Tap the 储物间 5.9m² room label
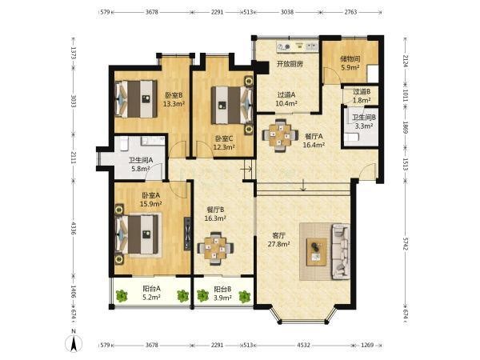[x=350, y=63]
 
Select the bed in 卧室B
[x=136, y=99]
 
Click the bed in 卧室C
[x=232, y=106]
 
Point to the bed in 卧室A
[x=138, y=234]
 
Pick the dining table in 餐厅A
[x=280, y=135]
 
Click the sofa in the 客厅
[x=341, y=252]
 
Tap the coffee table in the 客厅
[x=317, y=252]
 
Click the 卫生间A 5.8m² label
[x=141, y=164]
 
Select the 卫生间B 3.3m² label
[x=364, y=122]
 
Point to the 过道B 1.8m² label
[x=362, y=96]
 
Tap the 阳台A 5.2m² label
[x=151, y=293]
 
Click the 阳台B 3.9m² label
[x=222, y=293]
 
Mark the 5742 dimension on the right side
[x=406, y=243]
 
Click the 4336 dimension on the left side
[x=74, y=228]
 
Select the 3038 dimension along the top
[x=287, y=12]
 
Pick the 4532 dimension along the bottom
[x=303, y=345]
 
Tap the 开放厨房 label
[x=290, y=64]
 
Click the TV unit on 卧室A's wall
[x=187, y=234]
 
